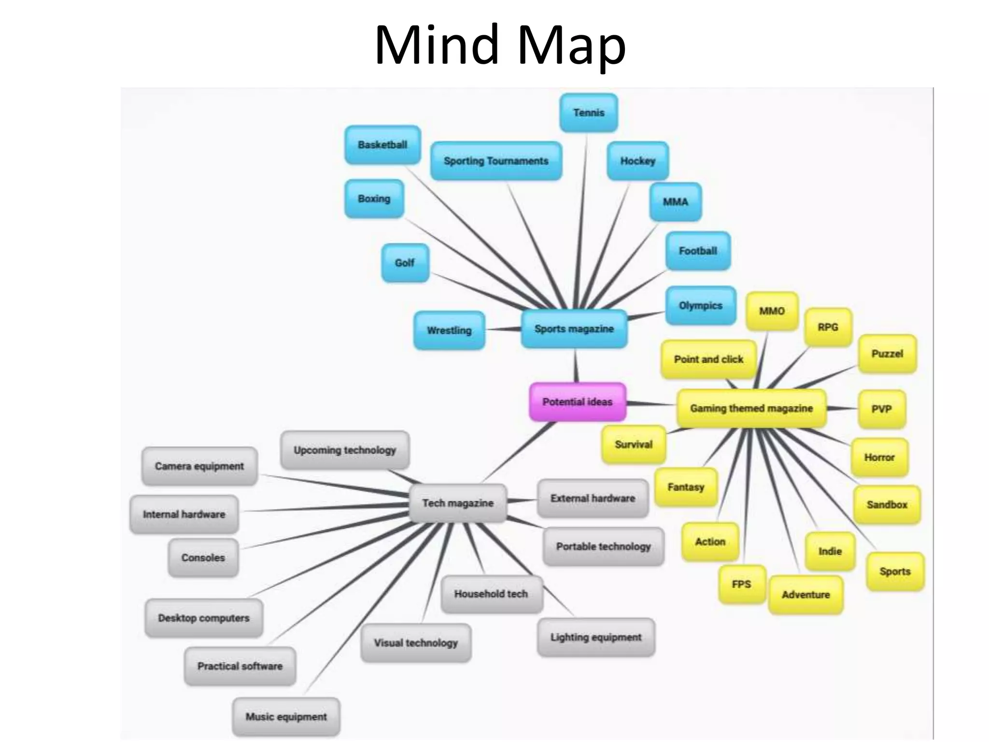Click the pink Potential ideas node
click(578, 402)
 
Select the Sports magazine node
click(574, 329)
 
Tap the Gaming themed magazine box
click(751, 409)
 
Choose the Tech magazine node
click(458, 503)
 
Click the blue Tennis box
click(589, 113)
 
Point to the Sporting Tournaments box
click(496, 161)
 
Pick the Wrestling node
click(449, 330)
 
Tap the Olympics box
click(700, 306)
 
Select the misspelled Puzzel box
click(887, 354)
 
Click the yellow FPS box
click(741, 585)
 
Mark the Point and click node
click(708, 359)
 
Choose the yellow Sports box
click(895, 571)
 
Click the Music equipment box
click(286, 717)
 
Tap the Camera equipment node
click(199, 466)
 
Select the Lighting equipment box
click(596, 637)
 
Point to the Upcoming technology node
click(345, 450)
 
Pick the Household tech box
click(491, 594)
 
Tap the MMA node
click(675, 202)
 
